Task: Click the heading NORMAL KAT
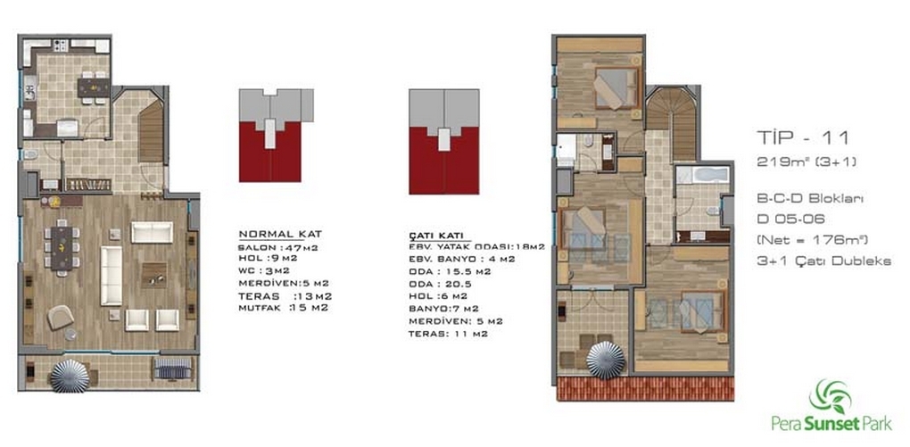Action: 280,234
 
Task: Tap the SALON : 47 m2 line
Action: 277,247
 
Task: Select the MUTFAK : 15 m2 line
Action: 283,308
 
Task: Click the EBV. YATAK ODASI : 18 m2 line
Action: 476,247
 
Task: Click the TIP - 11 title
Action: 803,138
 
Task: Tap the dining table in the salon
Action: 62,248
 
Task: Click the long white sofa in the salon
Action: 111,276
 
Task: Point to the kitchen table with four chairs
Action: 93,87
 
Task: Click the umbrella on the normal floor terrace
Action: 70,377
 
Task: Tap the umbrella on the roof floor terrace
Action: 605,360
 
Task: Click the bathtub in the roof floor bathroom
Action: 702,174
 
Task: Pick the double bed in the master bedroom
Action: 616,88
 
